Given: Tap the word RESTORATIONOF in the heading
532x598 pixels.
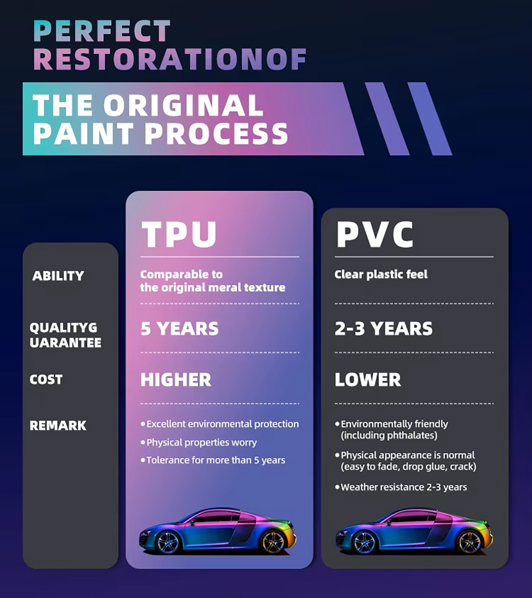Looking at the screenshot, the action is click(x=170, y=59).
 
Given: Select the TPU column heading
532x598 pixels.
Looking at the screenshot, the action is click(x=179, y=234).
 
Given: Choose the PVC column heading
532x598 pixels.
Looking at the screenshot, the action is click(x=375, y=234).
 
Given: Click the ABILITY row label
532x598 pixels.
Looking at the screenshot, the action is click(x=58, y=276).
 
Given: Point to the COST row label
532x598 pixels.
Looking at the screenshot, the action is click(x=46, y=379).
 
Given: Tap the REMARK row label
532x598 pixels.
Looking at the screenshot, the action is click(x=58, y=425).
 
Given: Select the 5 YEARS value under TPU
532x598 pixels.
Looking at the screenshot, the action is click(x=179, y=329).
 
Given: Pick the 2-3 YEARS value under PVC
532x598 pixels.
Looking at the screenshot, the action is click(x=384, y=329).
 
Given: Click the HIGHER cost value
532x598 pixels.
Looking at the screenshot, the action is click(x=176, y=380).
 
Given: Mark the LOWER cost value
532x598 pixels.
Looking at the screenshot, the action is click(x=368, y=380).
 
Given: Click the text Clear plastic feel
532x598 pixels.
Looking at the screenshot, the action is click(x=381, y=274).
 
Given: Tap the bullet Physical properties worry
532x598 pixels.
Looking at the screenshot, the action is click(x=199, y=442).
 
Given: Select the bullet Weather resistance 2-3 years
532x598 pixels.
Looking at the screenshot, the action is click(x=401, y=487).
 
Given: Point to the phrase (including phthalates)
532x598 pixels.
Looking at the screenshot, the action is click(x=389, y=435).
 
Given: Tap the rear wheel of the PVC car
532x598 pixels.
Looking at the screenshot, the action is click(x=469, y=542).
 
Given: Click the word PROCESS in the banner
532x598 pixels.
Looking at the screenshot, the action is click(x=216, y=134).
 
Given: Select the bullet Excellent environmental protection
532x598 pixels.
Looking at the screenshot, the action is click(x=220, y=424).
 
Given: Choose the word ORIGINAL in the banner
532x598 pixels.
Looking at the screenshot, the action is click(x=183, y=105).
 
